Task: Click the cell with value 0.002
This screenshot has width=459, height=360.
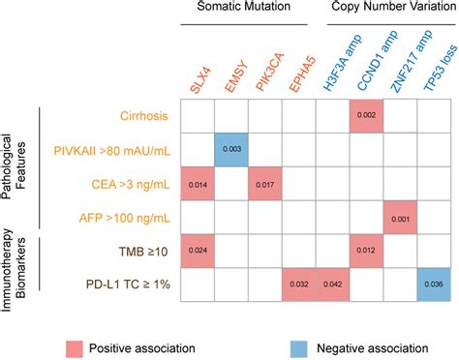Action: click(366, 114)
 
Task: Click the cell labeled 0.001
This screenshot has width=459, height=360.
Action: click(400, 217)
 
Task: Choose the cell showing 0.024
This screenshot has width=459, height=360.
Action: click(198, 251)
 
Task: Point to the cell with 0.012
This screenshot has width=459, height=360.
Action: click(366, 251)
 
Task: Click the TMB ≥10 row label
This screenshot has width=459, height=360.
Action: click(140, 251)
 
